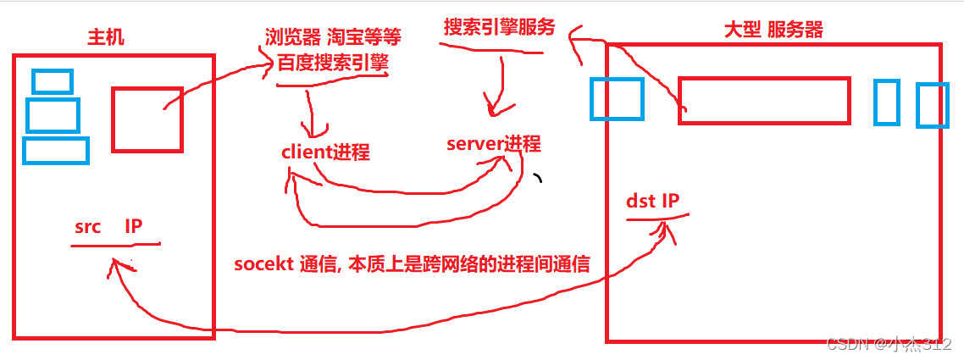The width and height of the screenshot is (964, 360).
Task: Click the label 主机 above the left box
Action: pos(105,38)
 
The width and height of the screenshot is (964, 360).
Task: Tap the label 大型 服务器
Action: pos(773,30)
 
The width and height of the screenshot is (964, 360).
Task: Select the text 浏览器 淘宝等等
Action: pos(332,37)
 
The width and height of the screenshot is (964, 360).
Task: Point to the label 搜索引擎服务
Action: pos(499,27)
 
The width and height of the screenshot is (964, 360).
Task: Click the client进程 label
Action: pos(325,152)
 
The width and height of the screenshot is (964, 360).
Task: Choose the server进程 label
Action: pos(493,143)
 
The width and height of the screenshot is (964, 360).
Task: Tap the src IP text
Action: pos(108,227)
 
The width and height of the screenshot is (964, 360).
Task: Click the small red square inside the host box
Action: pos(147,119)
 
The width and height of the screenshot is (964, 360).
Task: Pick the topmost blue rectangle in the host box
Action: pos(52,80)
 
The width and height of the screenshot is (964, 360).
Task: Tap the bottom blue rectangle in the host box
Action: pos(55,150)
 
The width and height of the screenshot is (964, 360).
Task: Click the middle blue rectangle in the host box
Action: pos(53,115)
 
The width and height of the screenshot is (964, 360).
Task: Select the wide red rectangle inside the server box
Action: pos(763,101)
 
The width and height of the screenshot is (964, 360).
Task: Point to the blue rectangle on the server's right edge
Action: pos(931,104)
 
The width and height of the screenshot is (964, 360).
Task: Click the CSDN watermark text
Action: pos(889,344)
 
